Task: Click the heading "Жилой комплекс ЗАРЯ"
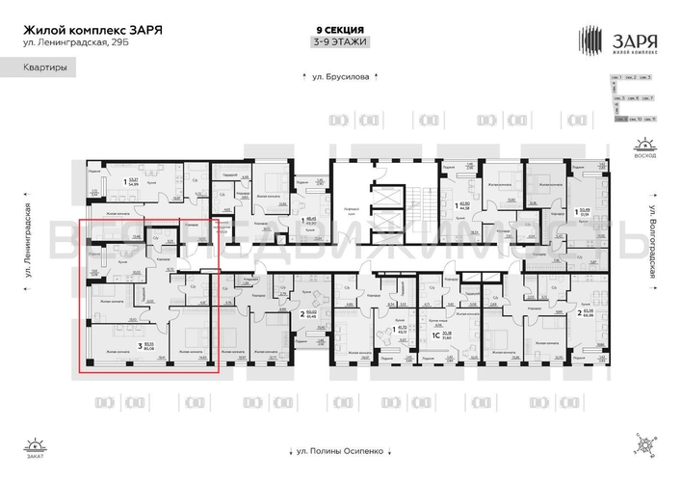[92, 30]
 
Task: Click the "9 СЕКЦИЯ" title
[340, 30]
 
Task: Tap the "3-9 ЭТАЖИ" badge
[340, 42]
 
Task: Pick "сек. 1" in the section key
[622, 76]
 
